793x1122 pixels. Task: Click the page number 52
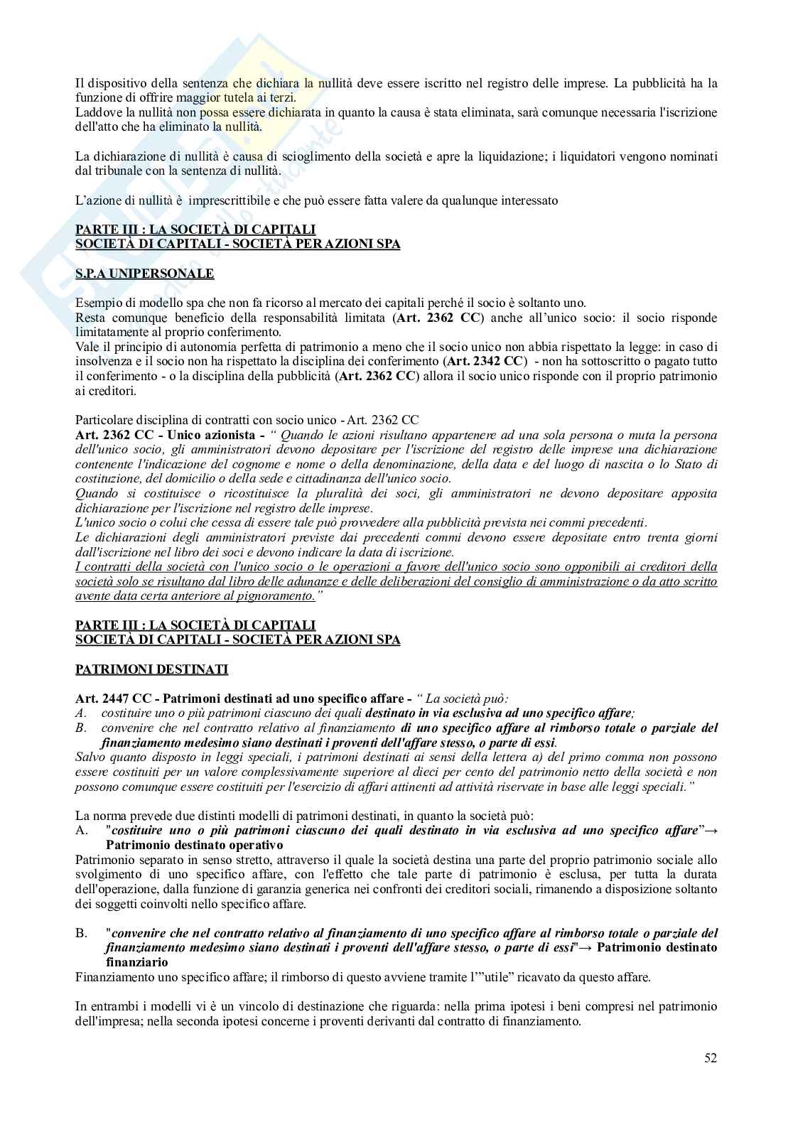click(711, 1058)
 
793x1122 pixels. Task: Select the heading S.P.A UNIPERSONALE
click(144, 274)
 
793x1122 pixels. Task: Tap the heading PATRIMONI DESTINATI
click(151, 669)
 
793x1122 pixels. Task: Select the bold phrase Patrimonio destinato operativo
click(194, 845)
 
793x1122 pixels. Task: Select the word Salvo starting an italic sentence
click(90, 757)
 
